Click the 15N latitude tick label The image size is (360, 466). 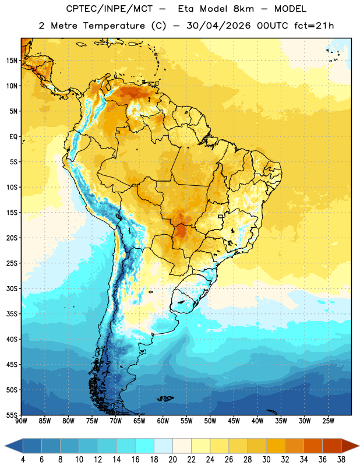12,61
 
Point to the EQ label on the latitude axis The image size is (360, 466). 13,137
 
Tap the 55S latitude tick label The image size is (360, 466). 12,415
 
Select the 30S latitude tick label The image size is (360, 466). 12,288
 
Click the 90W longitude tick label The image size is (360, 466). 21,421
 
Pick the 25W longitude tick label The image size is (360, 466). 328,421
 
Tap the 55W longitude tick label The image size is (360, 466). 186,421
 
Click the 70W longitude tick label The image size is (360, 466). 116,421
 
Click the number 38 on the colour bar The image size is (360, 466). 341,460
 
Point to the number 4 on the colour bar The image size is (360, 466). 23,460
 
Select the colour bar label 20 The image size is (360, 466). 172,460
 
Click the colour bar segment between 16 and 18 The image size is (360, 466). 145,446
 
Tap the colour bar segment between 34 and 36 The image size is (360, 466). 313,446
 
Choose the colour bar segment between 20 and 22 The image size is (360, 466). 182,446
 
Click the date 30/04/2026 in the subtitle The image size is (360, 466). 219,26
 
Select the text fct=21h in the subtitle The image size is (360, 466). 314,26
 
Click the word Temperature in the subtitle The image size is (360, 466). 114,26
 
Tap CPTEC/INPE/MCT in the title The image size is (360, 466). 109,9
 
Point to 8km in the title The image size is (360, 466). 243,9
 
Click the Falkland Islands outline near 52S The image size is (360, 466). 165,398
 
